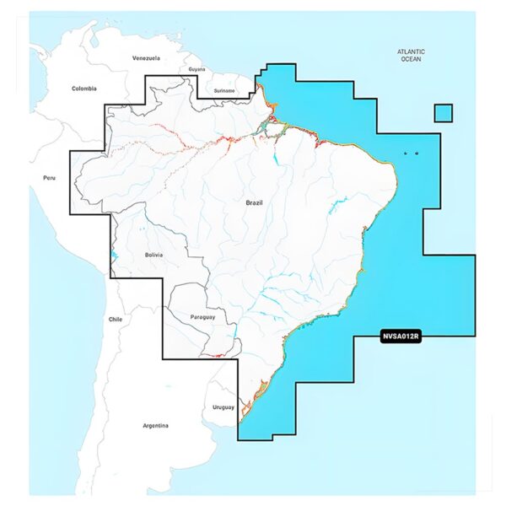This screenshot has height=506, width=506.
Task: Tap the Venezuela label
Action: pos(146,58)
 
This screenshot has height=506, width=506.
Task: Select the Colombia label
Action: pos(84,89)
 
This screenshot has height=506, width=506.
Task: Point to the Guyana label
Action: pos(197,69)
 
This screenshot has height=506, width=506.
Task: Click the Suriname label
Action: pos(224,89)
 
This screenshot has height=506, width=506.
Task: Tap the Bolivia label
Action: pos(153,254)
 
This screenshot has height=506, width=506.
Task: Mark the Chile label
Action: pos(116,320)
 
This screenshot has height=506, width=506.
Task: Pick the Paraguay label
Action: pos(203,317)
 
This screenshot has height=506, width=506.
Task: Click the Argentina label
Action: pos(155,425)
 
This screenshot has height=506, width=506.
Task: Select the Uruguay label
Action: pos(223,408)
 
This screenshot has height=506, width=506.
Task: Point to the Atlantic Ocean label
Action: pos(412,56)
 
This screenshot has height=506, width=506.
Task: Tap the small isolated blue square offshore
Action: pos(444,113)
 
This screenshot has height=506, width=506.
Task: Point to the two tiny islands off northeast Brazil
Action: pos(410,153)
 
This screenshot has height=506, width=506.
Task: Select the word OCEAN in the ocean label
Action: pos(412,60)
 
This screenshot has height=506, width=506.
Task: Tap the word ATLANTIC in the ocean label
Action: pos(412,51)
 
